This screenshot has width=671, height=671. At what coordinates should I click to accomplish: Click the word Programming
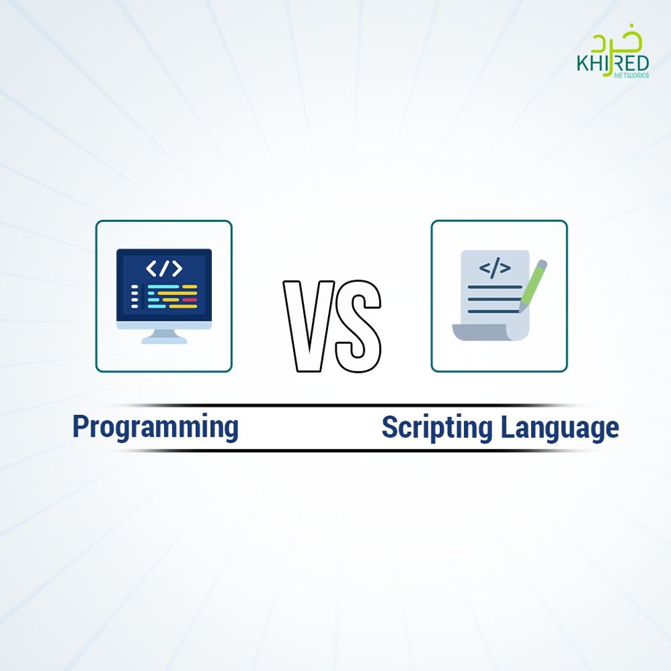coord(155,427)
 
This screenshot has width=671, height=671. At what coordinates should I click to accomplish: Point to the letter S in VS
coord(358,327)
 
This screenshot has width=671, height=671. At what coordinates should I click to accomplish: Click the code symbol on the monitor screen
coord(164,268)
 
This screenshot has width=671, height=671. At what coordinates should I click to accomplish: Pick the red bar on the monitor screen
coord(189,299)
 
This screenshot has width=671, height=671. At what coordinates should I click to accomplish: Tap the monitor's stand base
coord(164,340)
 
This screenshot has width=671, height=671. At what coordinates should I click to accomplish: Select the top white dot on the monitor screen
coord(134,287)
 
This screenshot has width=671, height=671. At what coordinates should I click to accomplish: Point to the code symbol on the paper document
coord(495,268)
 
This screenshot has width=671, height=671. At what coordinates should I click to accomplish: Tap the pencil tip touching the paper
coord(521,308)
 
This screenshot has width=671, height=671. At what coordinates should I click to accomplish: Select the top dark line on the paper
coord(495,287)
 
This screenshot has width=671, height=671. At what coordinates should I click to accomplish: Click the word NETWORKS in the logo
coord(632,75)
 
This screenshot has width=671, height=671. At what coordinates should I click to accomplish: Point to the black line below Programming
coord(186,450)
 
